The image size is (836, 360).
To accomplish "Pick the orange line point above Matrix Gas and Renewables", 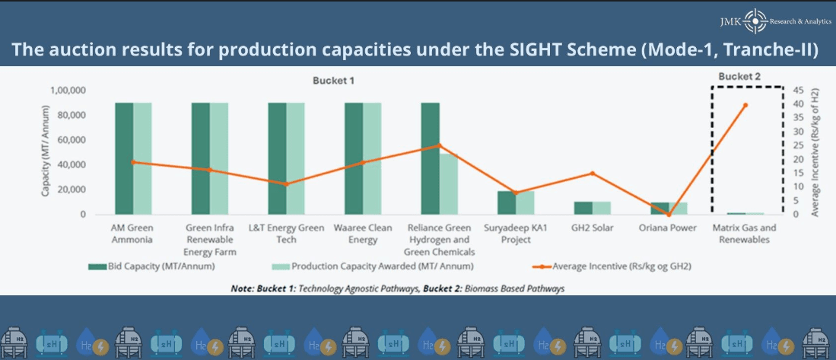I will pyautogui.click(x=745, y=105).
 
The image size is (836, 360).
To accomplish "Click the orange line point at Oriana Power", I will pyautogui.click(x=669, y=215).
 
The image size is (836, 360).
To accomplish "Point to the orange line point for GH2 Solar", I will pyautogui.click(x=592, y=174).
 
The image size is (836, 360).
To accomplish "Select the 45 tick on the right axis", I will pyautogui.click(x=798, y=90).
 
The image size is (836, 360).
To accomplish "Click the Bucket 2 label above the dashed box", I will pyautogui.click(x=739, y=76).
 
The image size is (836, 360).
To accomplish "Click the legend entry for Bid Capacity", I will pyautogui.click(x=151, y=266).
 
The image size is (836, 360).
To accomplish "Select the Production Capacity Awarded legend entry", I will pyautogui.click(x=372, y=266).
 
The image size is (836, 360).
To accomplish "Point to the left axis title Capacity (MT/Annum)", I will pyautogui.click(x=46, y=152).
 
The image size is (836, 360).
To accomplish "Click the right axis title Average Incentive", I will pyautogui.click(x=815, y=152).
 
